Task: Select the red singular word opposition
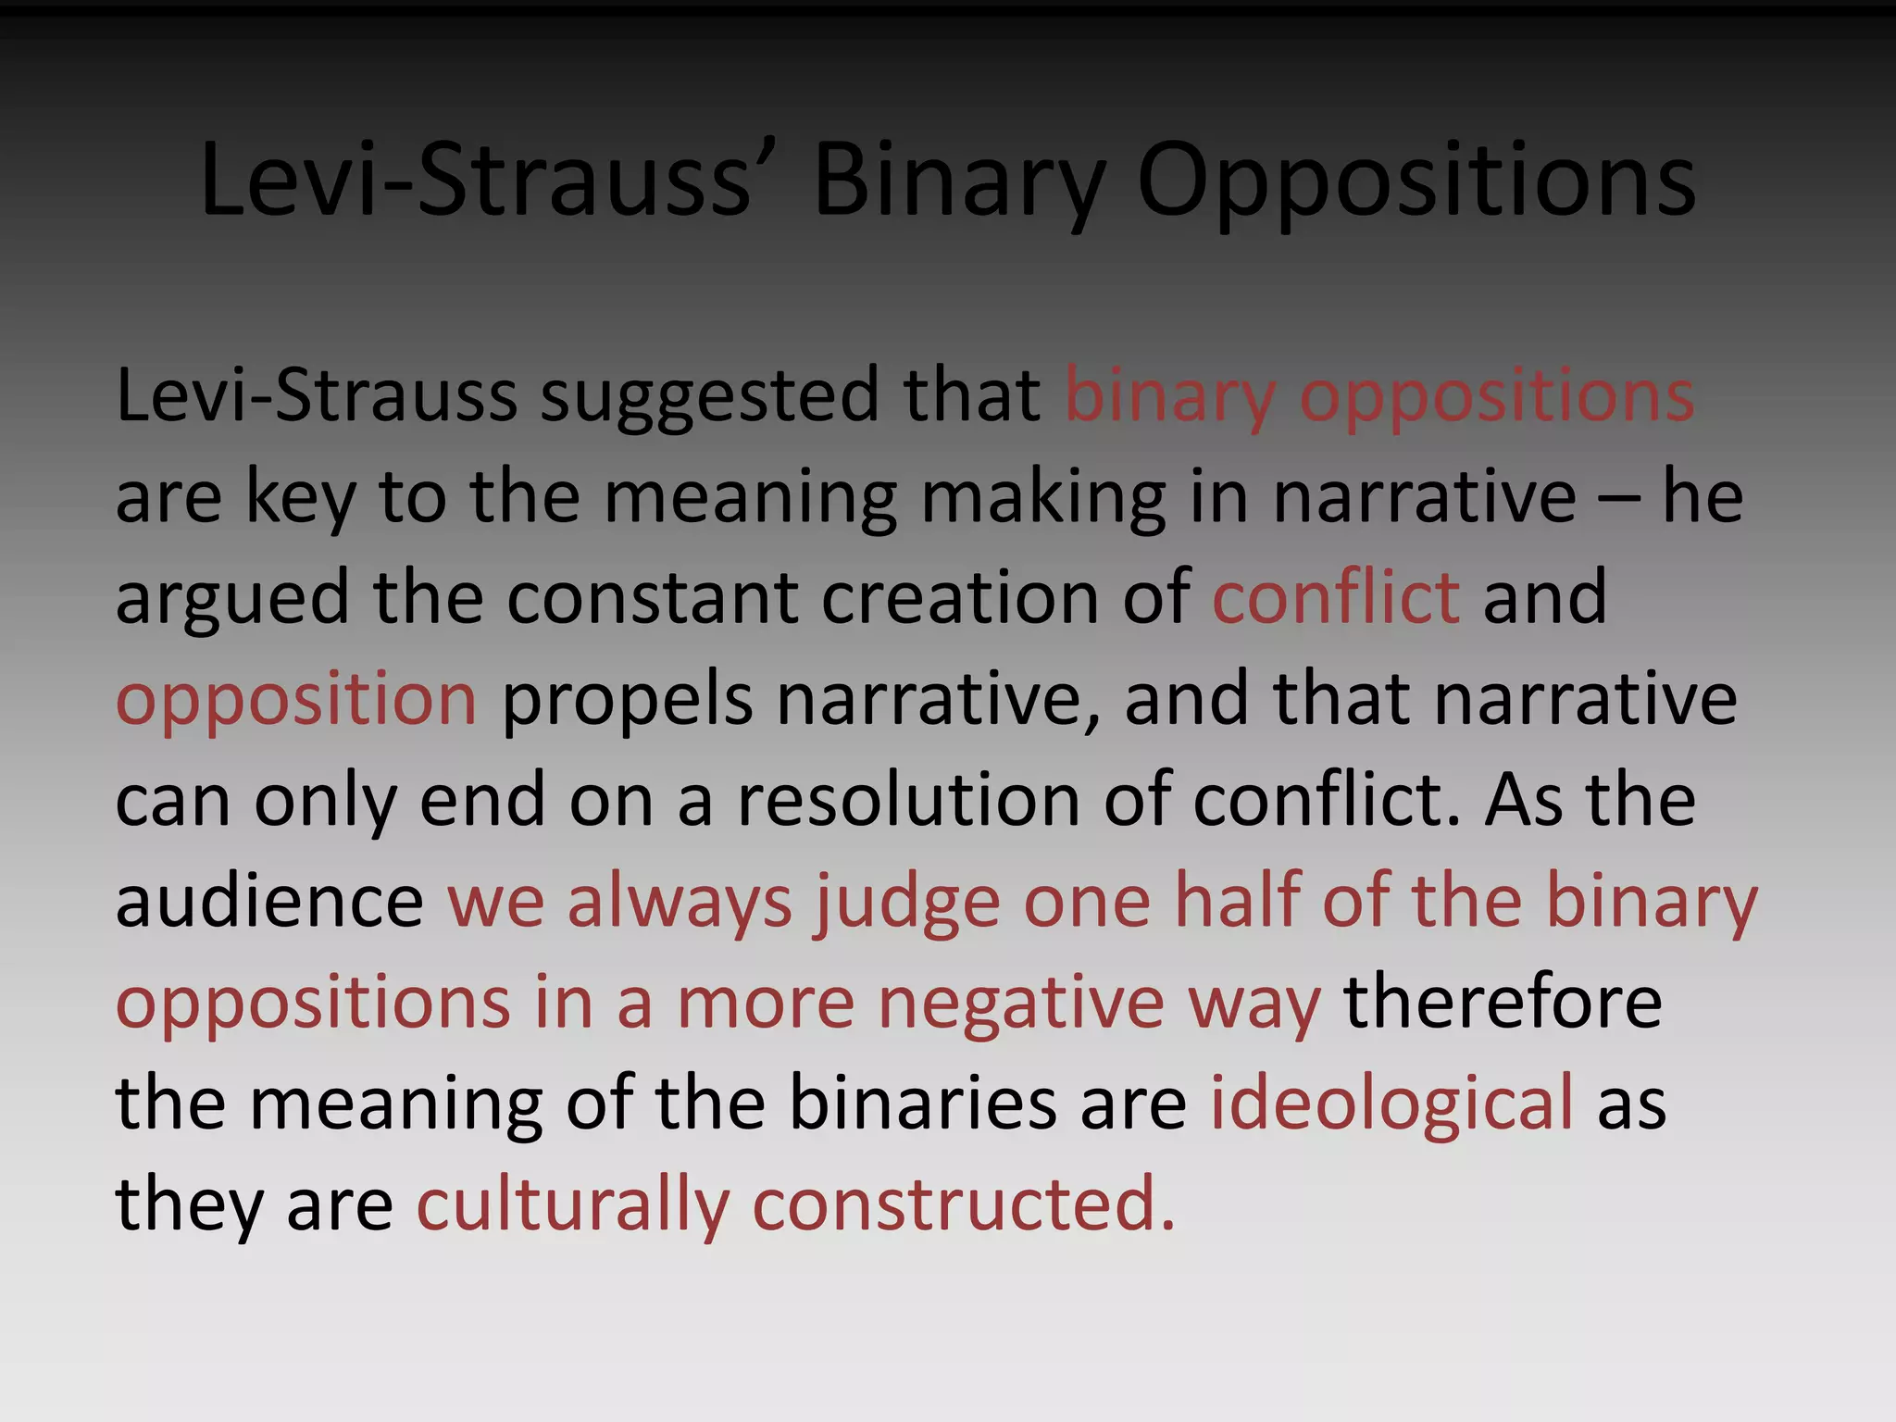[296, 699]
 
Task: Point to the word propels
[627, 699]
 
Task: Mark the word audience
[269, 901]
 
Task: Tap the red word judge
[907, 901]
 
